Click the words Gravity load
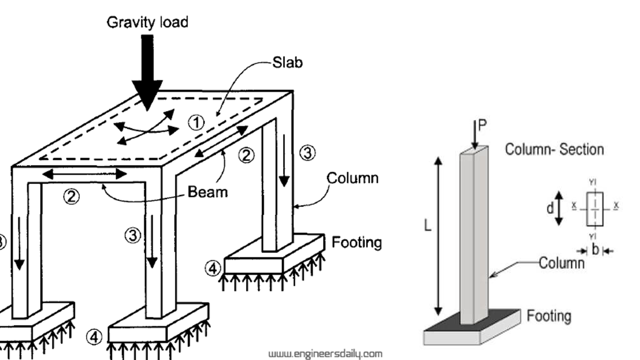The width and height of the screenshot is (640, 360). click(147, 22)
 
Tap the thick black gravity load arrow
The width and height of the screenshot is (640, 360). click(147, 70)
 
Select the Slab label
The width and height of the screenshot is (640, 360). click(287, 62)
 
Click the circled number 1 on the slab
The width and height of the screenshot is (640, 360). click(196, 122)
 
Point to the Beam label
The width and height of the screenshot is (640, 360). click(207, 191)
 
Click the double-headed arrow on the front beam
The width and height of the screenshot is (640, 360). click(84, 174)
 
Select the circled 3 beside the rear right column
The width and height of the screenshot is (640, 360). click(307, 153)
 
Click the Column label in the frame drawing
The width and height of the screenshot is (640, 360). click(352, 178)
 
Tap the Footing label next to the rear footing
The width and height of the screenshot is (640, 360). click(356, 242)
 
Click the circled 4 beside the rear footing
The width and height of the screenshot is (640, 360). click(212, 268)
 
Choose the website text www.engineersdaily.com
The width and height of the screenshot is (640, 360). click(325, 354)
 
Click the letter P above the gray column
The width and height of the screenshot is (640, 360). click(482, 125)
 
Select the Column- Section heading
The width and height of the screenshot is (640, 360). click(554, 149)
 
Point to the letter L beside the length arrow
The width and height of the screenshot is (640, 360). click(427, 226)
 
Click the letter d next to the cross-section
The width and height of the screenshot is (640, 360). click(550, 208)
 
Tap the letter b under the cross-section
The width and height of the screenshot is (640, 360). click(595, 250)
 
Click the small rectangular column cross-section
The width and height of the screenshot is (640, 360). click(595, 208)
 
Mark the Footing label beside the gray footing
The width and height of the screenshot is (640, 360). click(548, 316)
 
